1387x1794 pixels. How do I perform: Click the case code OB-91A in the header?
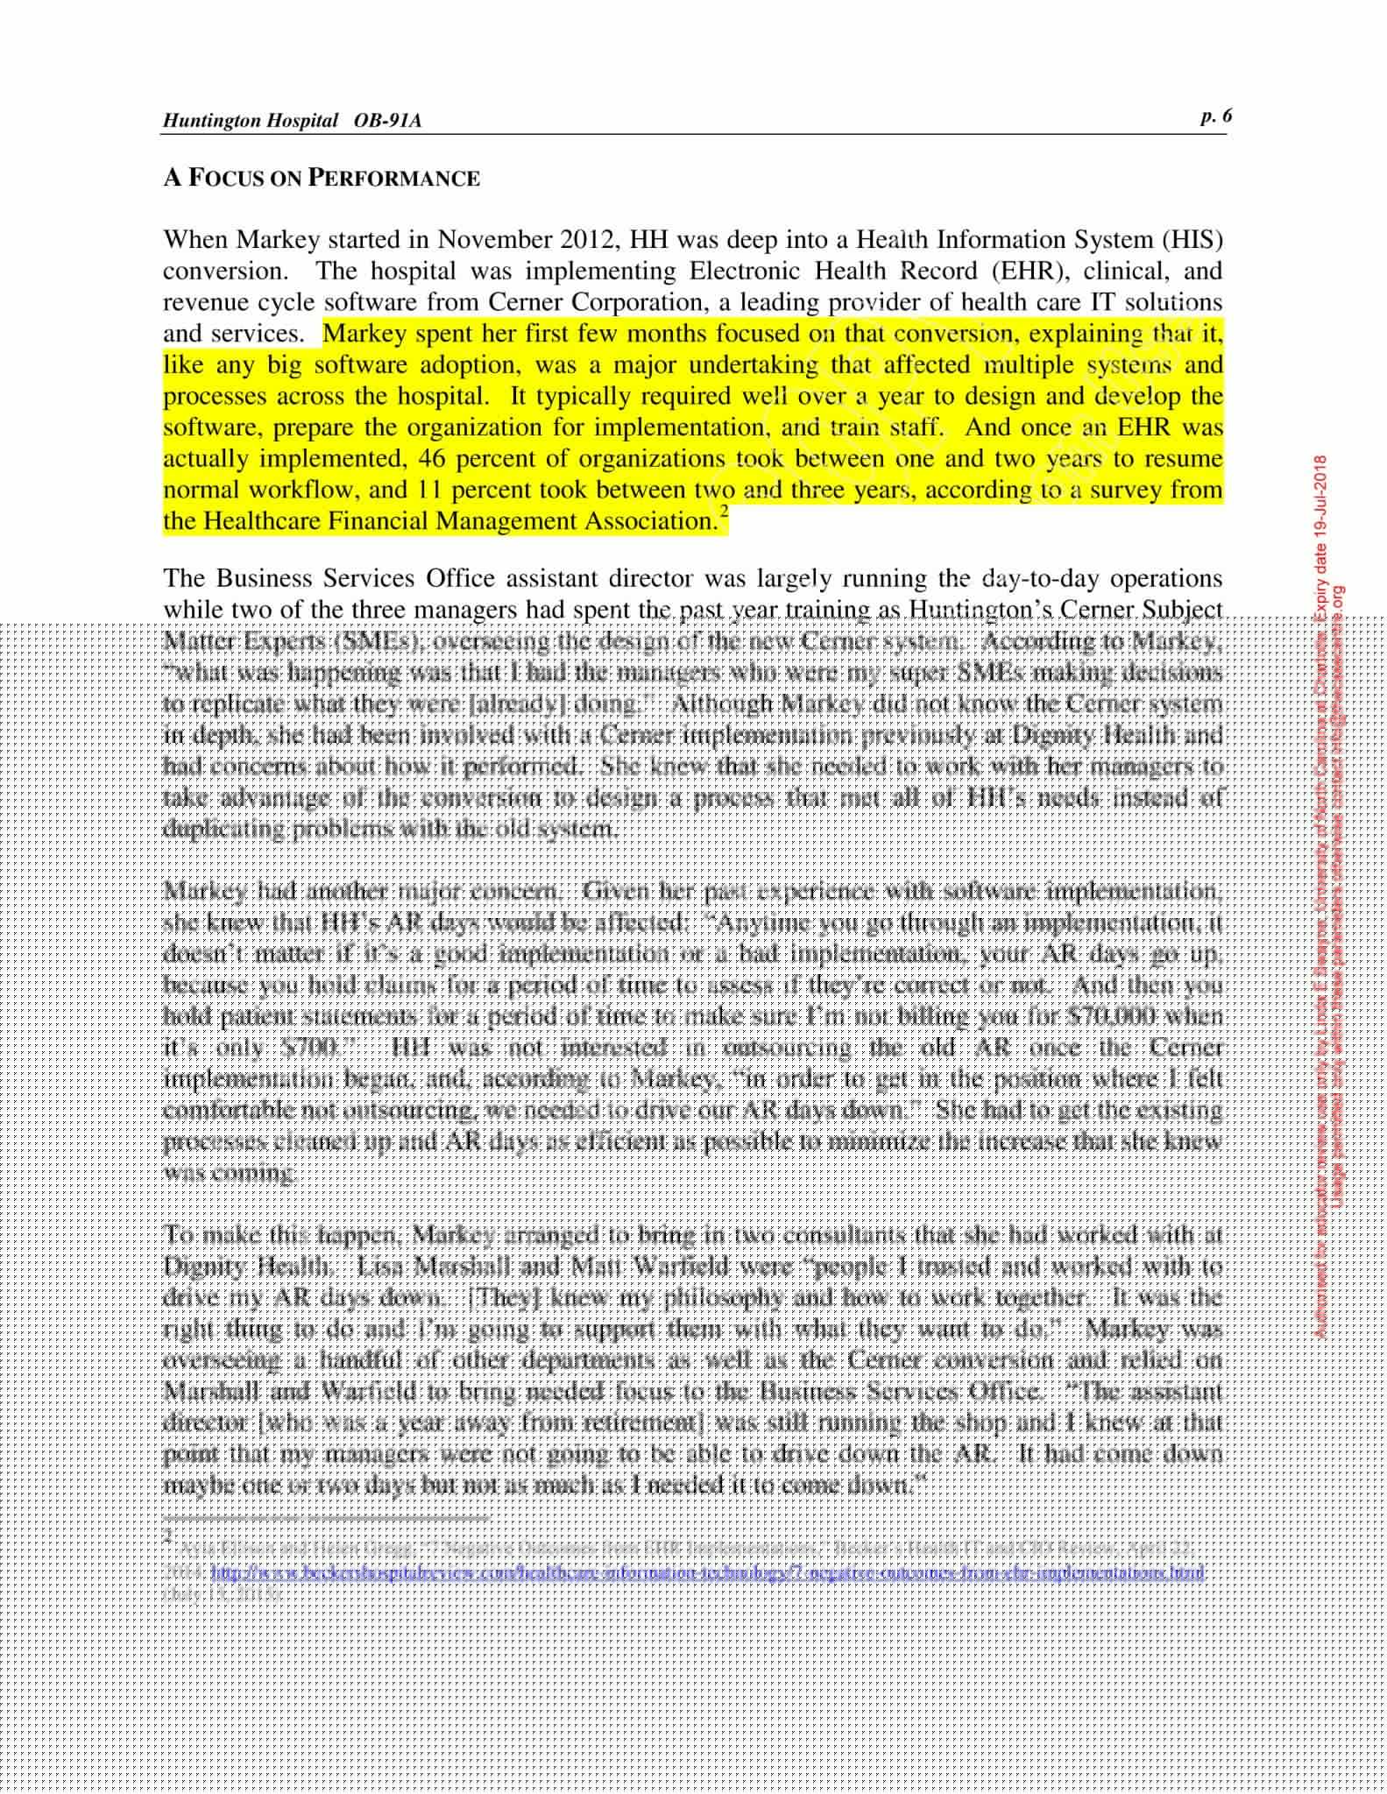click(x=387, y=121)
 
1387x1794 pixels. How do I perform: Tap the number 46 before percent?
click(x=433, y=459)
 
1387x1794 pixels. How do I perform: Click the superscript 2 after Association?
click(x=722, y=512)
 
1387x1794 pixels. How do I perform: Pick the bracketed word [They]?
click(x=506, y=1297)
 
